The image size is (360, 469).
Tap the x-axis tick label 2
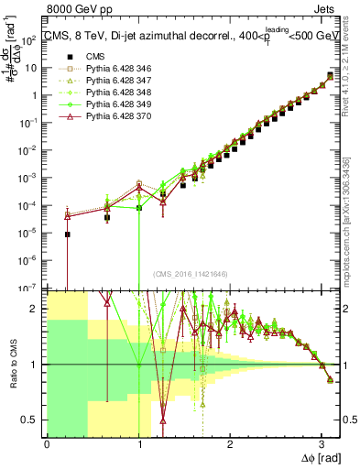point(229,443)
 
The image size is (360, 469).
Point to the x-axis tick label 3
point(321,443)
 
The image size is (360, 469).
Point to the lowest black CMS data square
point(67,234)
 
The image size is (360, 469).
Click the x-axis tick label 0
point(47,443)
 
